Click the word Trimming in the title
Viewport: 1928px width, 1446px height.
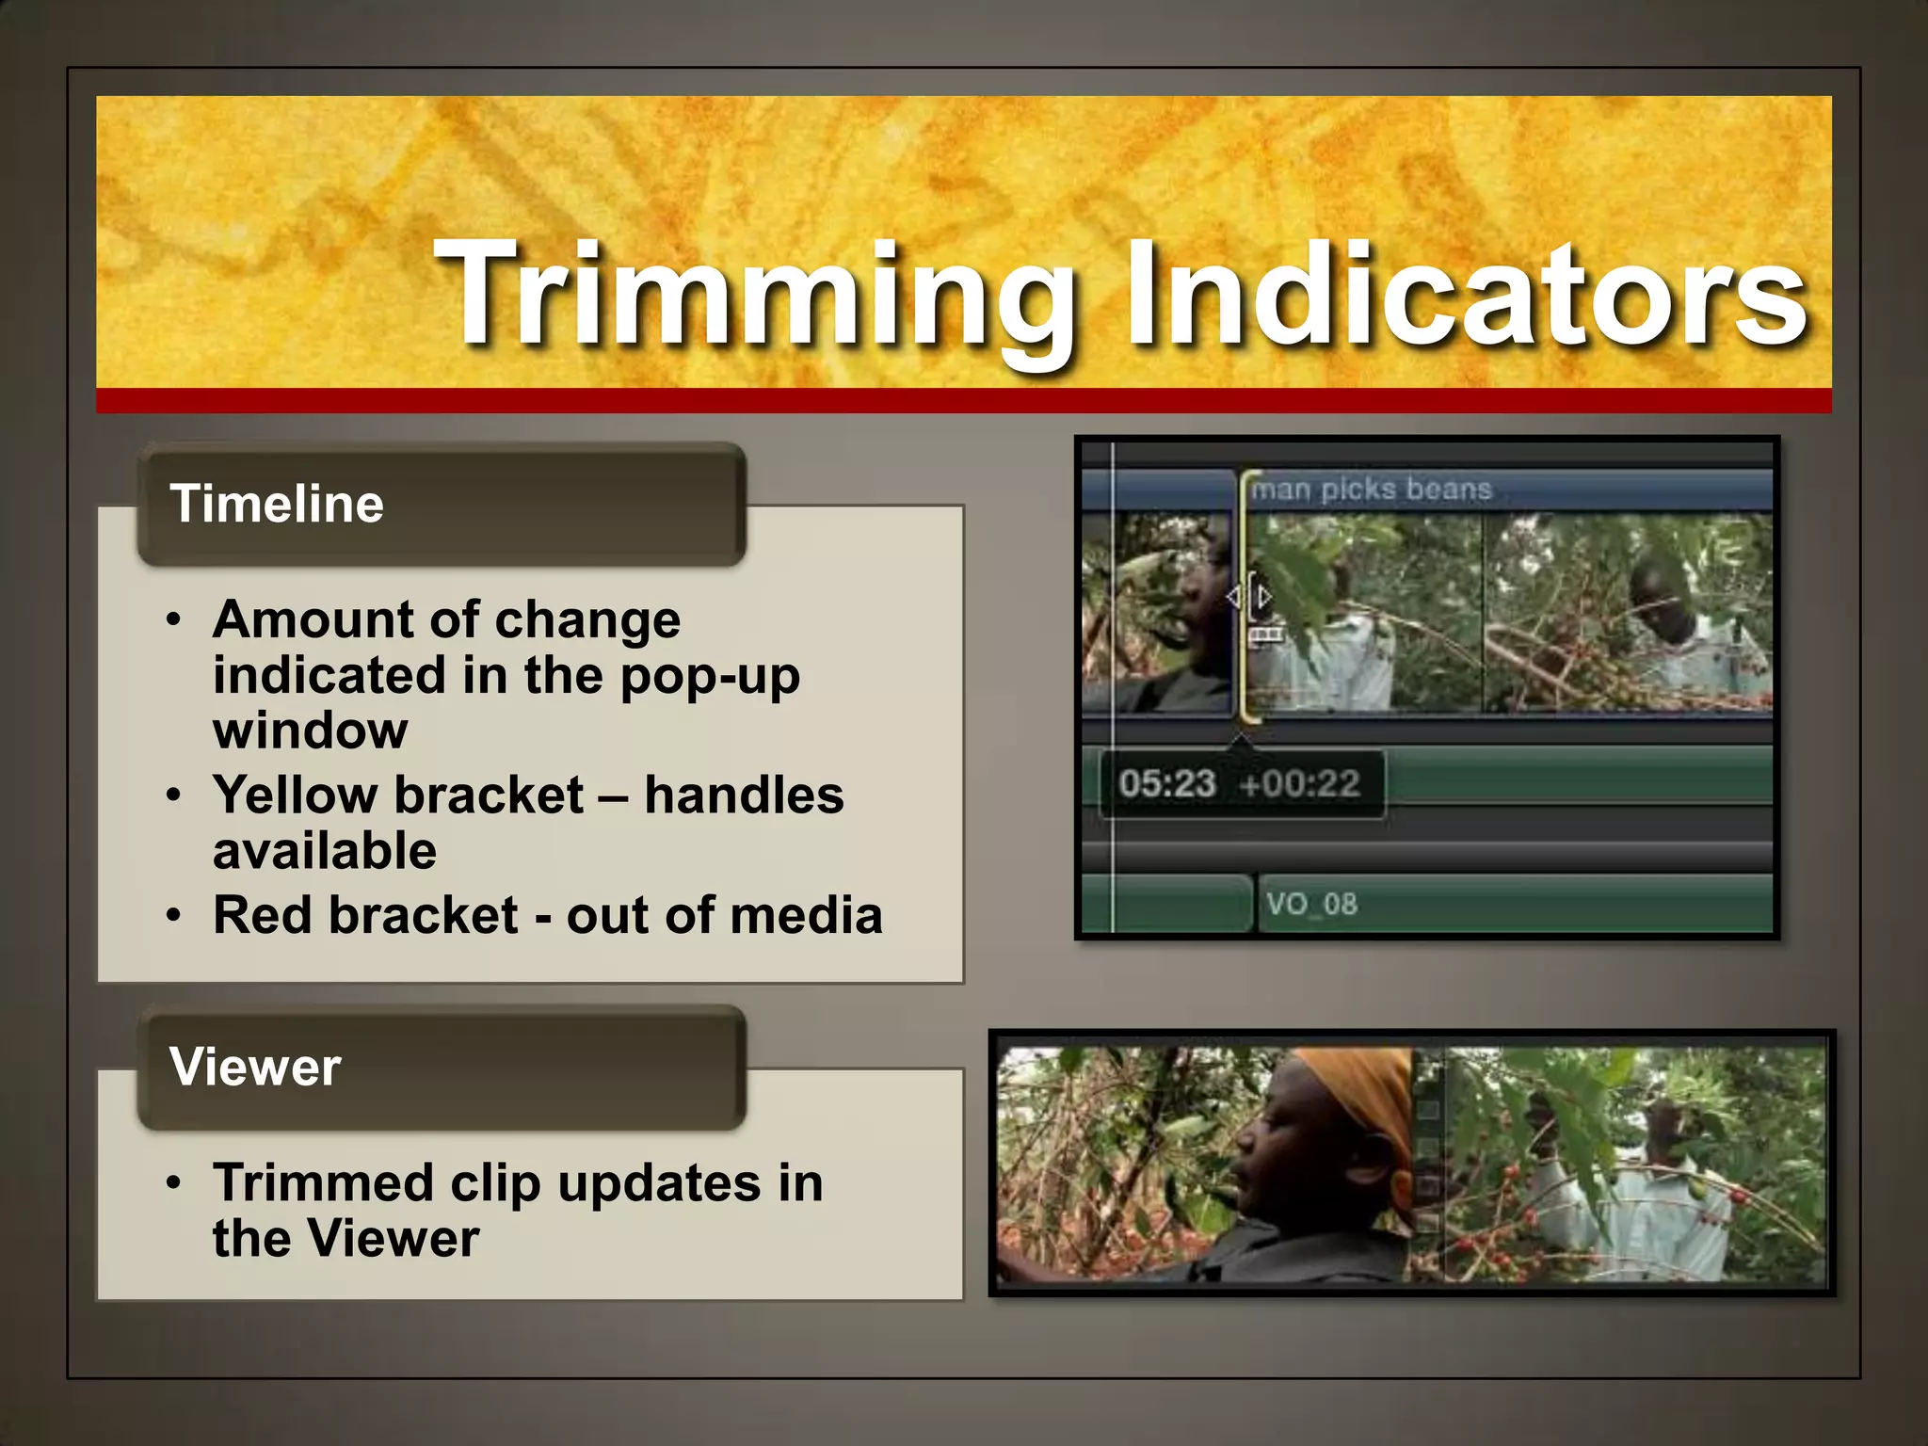coord(753,294)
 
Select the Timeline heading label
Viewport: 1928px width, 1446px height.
coord(276,504)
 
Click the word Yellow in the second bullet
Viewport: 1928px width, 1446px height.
coord(304,795)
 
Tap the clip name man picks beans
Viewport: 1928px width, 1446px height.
coord(1371,490)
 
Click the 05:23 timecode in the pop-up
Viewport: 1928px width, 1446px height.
coord(1166,783)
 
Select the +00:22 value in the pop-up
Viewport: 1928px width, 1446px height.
coord(1300,783)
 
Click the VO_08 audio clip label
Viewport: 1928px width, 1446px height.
coord(1310,905)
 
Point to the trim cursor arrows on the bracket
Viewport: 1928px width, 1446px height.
coord(1248,597)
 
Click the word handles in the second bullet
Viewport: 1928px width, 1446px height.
coord(744,795)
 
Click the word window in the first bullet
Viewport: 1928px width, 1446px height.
coord(310,731)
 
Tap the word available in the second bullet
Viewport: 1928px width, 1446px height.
coord(325,851)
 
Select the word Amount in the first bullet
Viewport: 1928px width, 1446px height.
coord(313,620)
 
